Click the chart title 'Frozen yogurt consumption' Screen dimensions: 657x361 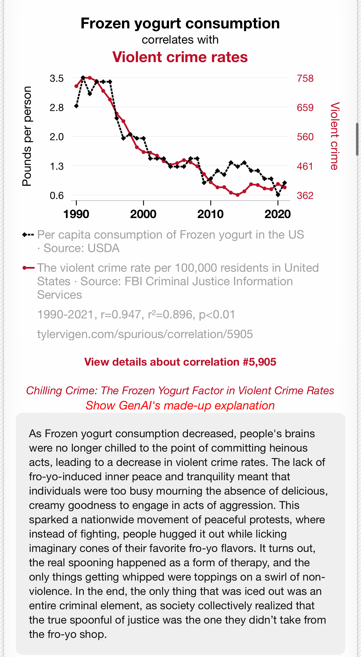point(180,23)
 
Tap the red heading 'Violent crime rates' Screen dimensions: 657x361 point(180,57)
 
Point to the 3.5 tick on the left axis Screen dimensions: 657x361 point(57,78)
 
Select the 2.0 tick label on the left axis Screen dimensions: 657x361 point(57,137)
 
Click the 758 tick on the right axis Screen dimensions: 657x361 point(305,78)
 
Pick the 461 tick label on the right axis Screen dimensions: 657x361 point(305,166)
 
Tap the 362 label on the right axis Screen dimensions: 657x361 point(305,196)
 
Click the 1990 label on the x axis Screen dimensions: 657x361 point(76,214)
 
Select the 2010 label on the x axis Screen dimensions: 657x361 point(211,214)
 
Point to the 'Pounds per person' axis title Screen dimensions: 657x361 point(27,136)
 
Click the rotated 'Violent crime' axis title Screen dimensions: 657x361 point(335,136)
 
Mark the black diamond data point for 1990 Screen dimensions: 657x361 point(76,106)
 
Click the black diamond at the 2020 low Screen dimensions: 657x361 point(278,195)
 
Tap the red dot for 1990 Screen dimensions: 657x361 point(76,86)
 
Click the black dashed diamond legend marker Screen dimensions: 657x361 point(28,235)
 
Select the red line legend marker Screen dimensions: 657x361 point(28,268)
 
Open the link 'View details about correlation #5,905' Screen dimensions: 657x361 point(180,362)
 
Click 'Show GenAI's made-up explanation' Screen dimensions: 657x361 point(180,405)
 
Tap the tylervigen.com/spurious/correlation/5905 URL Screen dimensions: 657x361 point(145,334)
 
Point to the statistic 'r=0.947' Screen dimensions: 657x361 point(121,314)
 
